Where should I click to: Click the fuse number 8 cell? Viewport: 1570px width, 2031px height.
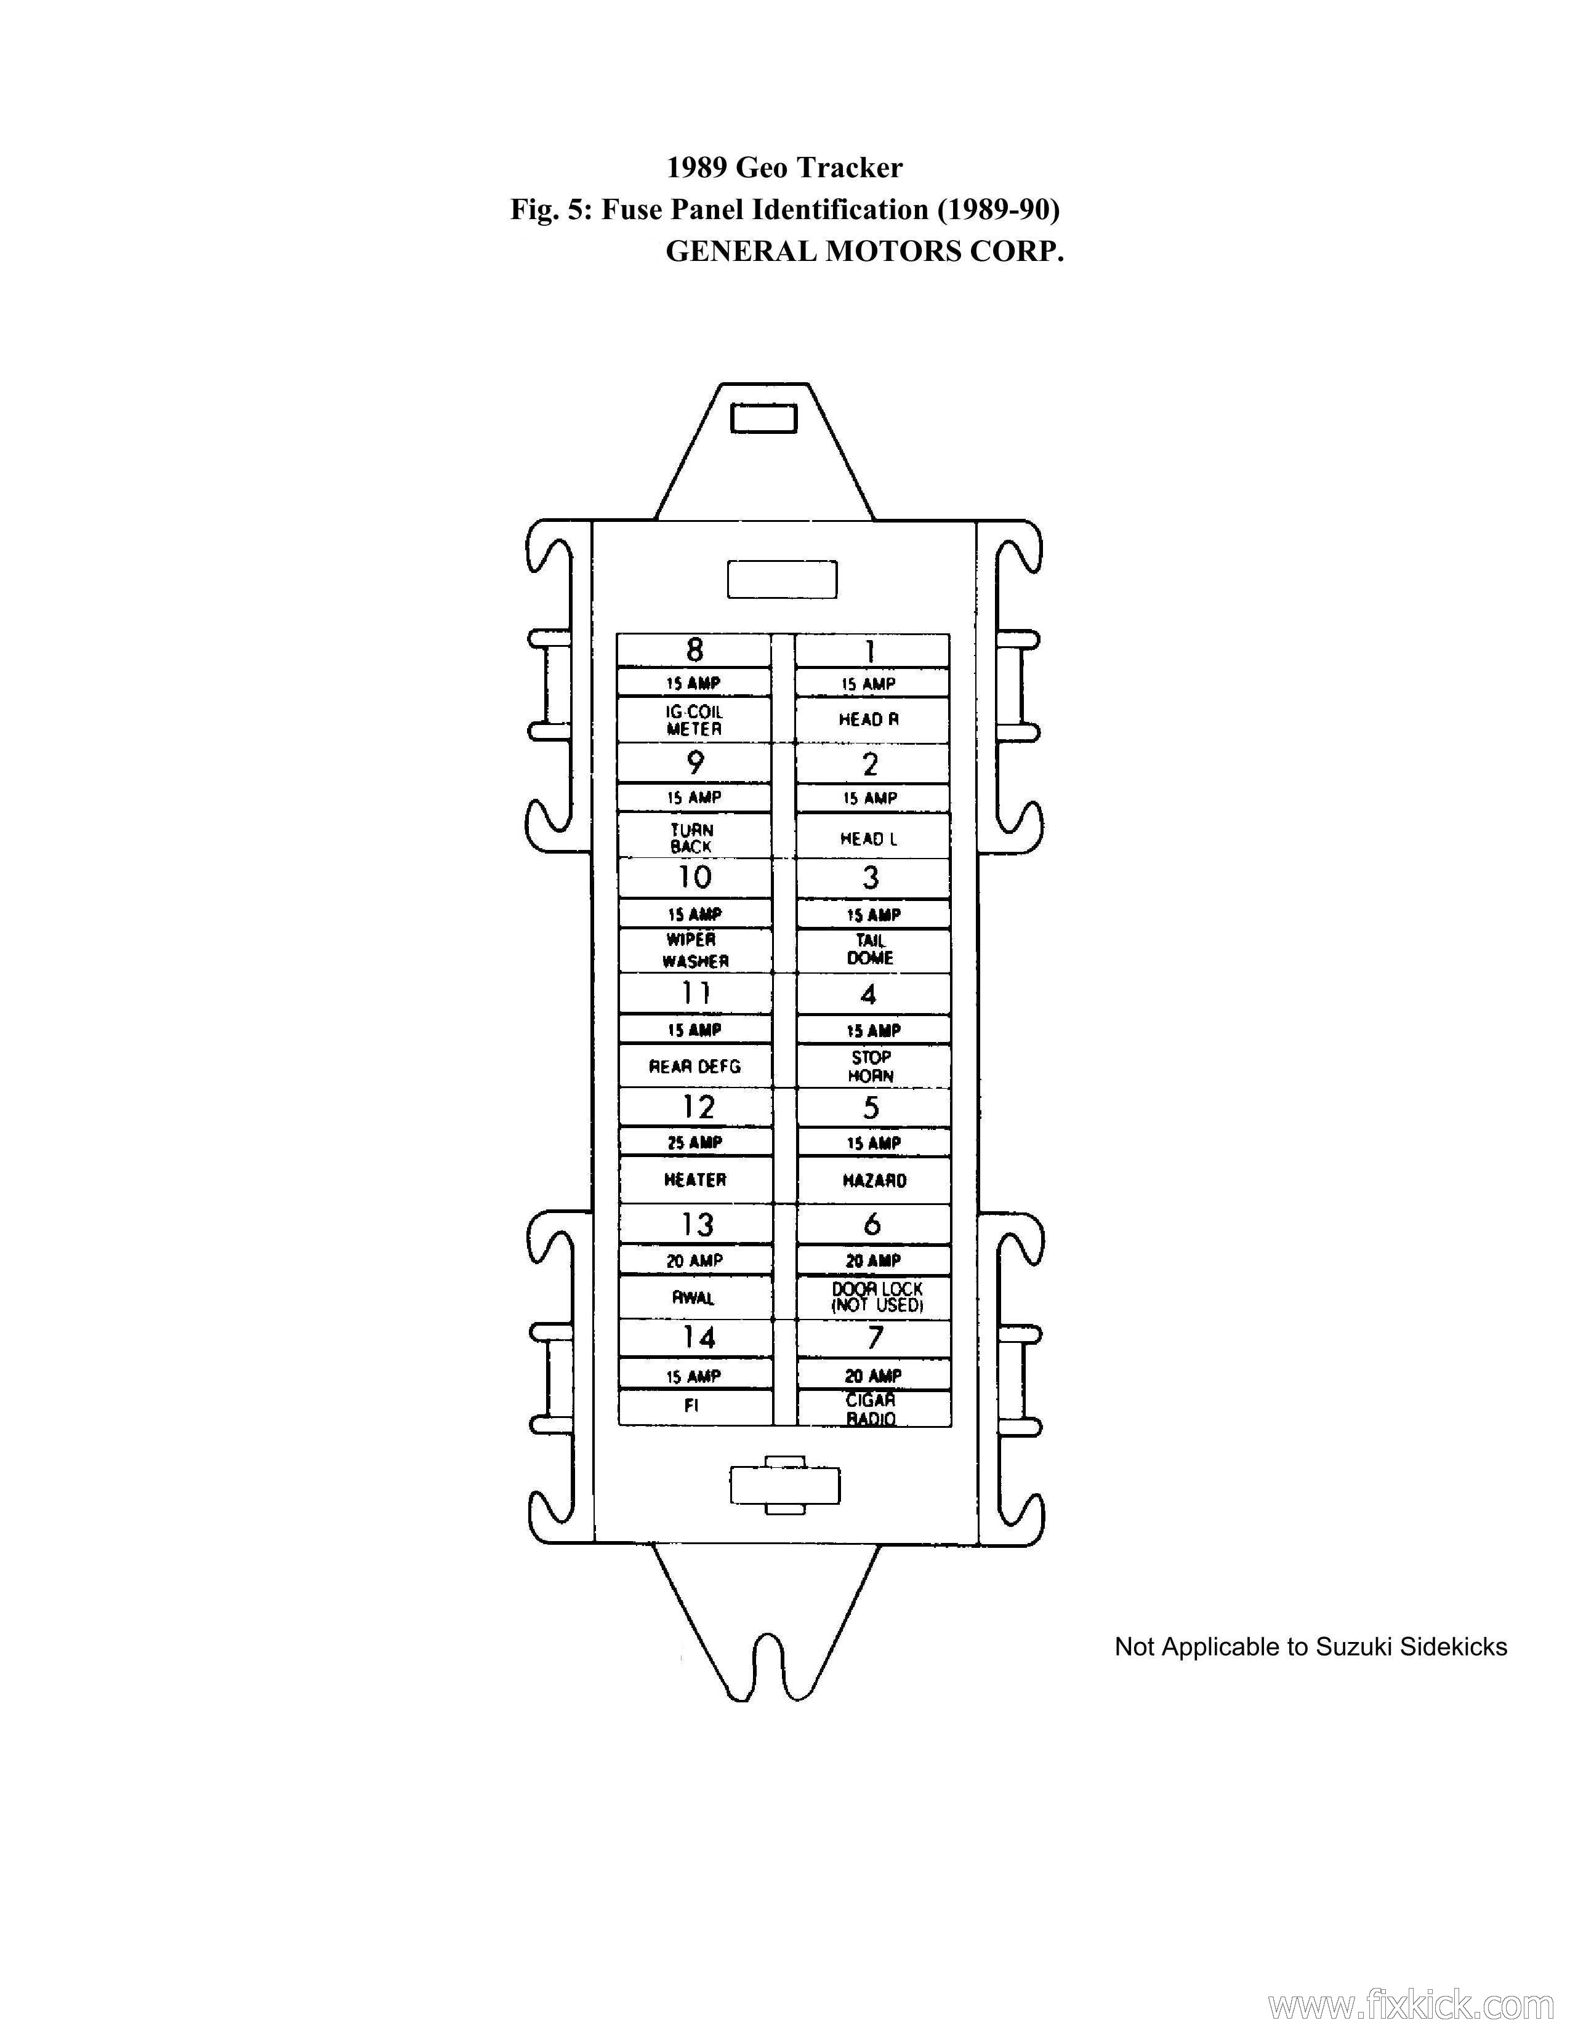click(694, 650)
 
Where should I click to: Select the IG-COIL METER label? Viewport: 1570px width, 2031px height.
click(694, 721)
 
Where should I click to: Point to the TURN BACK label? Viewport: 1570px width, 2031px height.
click(692, 838)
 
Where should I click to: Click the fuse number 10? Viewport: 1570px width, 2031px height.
click(694, 877)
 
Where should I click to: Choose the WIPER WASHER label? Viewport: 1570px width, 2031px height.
click(694, 950)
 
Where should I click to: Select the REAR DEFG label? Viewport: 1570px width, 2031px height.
click(694, 1067)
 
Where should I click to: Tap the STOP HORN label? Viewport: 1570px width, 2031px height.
click(871, 1067)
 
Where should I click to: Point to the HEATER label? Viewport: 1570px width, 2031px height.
click(694, 1180)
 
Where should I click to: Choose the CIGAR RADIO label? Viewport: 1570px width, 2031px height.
click(871, 1409)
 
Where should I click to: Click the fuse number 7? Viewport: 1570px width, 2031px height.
click(874, 1338)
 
